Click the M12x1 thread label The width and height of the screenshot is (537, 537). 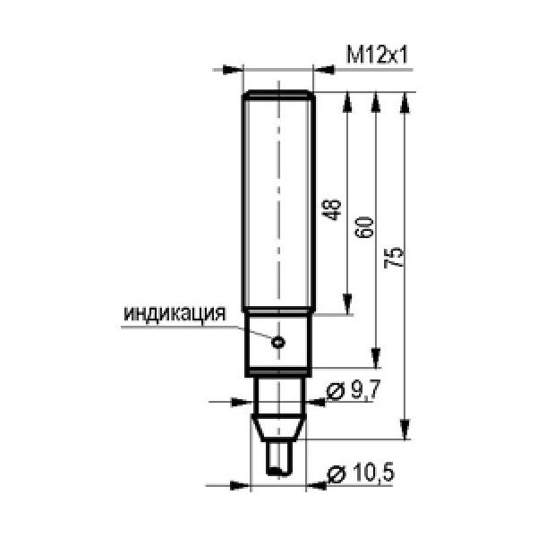click(377, 55)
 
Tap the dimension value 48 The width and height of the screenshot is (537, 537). click(331, 209)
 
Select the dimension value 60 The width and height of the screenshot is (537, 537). click(363, 227)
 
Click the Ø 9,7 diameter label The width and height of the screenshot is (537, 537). click(354, 390)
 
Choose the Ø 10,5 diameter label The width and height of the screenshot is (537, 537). click(361, 473)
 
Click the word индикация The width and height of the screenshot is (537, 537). click(175, 313)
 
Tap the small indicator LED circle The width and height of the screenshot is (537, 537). click(278, 342)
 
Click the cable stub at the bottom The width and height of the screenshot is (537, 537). click(278, 458)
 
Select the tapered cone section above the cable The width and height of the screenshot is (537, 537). click(278, 428)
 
